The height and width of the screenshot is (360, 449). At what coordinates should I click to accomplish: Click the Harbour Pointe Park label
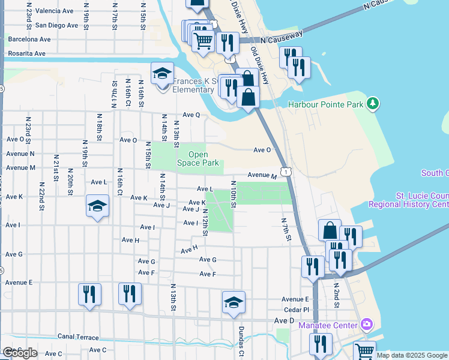(326, 104)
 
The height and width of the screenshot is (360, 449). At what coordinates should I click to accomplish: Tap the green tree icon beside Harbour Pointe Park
(373, 104)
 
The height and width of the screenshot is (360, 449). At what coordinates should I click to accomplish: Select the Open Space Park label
(198, 158)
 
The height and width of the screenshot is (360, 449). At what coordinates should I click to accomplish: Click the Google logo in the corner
(20, 353)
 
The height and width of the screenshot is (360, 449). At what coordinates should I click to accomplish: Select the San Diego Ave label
(56, 25)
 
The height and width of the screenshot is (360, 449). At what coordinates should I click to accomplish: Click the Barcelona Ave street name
(29, 39)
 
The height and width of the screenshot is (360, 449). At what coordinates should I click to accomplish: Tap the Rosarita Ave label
(26, 53)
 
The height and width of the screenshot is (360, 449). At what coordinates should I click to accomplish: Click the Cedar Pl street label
(297, 310)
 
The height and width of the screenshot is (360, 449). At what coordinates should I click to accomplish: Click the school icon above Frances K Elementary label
(162, 74)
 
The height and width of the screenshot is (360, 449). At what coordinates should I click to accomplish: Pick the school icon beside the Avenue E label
(234, 302)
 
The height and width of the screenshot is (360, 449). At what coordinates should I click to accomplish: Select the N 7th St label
(286, 229)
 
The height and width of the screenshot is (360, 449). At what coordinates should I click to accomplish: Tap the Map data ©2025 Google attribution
(412, 355)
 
